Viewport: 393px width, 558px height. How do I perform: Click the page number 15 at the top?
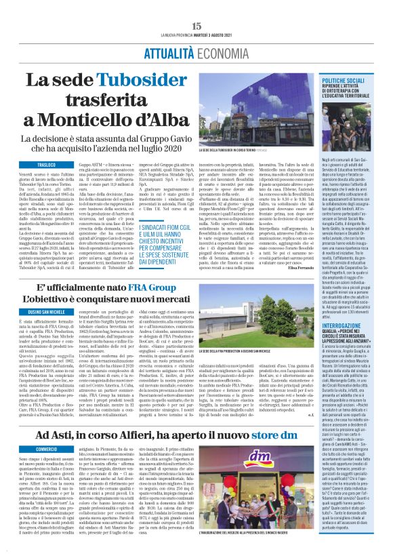click(196, 25)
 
